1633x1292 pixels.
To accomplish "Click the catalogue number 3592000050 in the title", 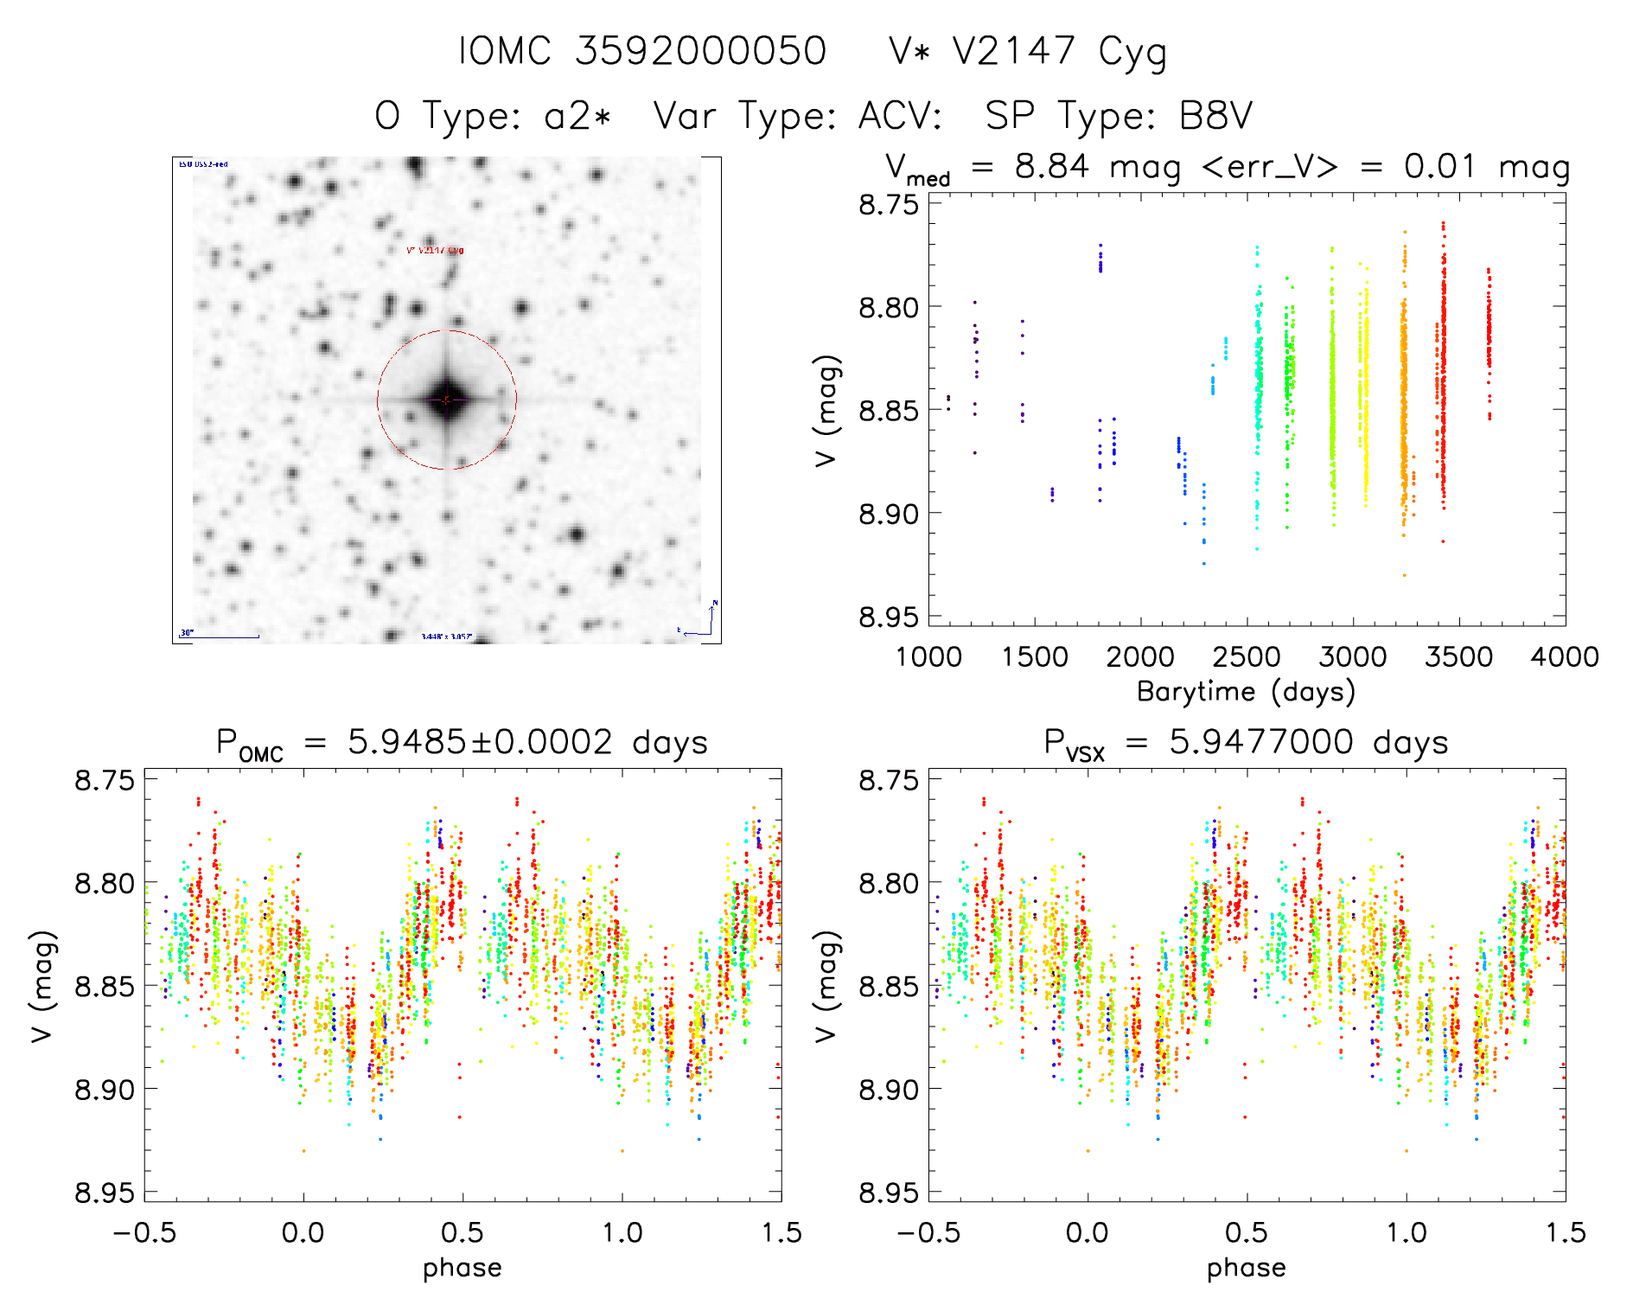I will [x=700, y=51].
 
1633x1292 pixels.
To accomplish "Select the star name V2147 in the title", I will [x=1013, y=51].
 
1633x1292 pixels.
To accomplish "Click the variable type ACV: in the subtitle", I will [x=900, y=116].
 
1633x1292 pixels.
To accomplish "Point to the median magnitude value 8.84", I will [x=1051, y=166].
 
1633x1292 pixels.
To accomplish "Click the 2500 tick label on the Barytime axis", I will [x=1247, y=657].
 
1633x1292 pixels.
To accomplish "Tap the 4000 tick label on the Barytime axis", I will [x=1565, y=657].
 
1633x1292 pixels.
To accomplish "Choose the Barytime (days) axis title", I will [x=1246, y=692].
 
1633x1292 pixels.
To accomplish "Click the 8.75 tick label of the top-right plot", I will [x=888, y=205].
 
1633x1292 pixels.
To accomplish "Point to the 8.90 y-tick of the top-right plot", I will [x=888, y=514].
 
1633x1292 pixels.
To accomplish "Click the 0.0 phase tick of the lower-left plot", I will [x=303, y=1232].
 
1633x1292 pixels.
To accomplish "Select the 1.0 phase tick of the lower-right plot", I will [x=1407, y=1232].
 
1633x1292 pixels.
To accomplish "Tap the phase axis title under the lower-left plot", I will [x=462, y=1268].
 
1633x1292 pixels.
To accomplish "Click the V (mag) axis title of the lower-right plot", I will [x=826, y=986].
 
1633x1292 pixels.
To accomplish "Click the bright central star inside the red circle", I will [x=446, y=400].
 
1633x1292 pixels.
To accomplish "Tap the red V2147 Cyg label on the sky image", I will [x=435, y=251].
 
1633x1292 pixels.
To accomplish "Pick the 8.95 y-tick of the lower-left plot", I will [x=105, y=1193].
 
